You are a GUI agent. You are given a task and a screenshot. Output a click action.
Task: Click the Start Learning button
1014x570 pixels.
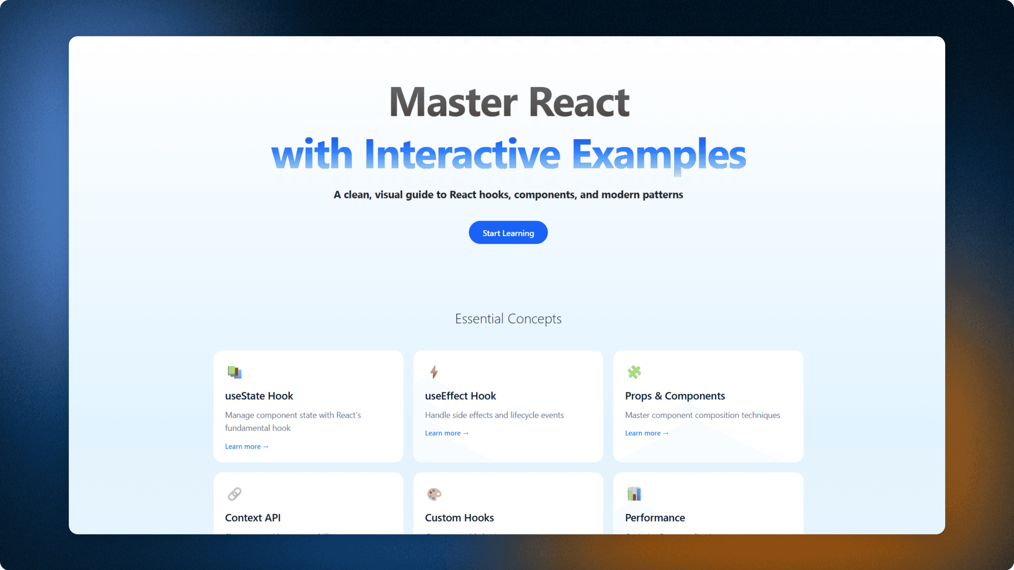(508, 232)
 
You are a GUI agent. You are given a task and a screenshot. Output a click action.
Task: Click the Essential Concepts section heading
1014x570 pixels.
(508, 318)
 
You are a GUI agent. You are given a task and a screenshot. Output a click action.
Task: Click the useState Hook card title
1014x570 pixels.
(259, 396)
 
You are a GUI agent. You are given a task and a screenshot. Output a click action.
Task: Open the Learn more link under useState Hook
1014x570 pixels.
(246, 446)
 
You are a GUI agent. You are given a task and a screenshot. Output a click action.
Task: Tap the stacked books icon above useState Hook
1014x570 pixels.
(234, 372)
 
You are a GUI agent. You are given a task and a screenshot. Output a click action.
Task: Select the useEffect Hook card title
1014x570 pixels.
(460, 396)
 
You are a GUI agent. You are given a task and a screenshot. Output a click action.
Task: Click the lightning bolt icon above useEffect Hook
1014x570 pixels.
(434, 372)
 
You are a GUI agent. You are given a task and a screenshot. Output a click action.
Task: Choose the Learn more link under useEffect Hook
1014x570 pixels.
(446, 433)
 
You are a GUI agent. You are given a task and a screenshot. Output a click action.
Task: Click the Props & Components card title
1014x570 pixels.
(675, 396)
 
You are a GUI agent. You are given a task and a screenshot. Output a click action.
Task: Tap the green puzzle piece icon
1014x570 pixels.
(634, 372)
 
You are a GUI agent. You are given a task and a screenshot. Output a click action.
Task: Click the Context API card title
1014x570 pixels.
(253, 518)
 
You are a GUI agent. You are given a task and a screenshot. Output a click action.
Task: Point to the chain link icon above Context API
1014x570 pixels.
(234, 494)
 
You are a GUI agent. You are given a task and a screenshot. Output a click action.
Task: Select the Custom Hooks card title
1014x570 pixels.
(459, 518)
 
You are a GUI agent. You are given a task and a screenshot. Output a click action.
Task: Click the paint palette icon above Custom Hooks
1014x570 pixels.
(434, 494)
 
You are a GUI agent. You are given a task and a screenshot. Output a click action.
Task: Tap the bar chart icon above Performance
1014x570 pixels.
(634, 494)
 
